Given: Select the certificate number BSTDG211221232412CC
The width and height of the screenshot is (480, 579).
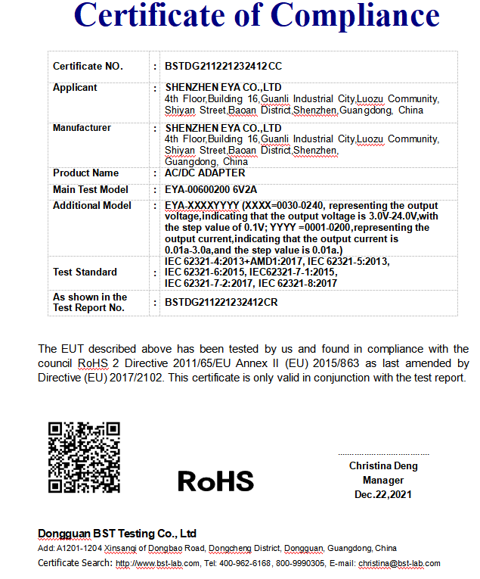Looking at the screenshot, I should point(224,67).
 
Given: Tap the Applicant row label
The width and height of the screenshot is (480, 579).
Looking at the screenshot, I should point(75,88).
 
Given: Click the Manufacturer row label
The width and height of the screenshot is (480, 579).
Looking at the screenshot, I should point(82,128).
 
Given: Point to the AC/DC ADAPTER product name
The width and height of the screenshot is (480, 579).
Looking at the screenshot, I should point(203,173).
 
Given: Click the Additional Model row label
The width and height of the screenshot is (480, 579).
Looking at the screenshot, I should point(91,206).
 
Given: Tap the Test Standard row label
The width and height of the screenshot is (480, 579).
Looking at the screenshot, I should point(85,272).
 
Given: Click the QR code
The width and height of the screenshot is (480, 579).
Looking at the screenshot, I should point(84,458).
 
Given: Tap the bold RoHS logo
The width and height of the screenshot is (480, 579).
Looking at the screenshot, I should point(215,481).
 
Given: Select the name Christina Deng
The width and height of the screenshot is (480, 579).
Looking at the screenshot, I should point(383,466).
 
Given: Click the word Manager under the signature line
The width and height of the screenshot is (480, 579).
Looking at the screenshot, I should point(383,481).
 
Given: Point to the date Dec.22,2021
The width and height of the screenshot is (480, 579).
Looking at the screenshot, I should point(383,495).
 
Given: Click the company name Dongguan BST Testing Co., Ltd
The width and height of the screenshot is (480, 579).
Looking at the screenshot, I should point(117,534).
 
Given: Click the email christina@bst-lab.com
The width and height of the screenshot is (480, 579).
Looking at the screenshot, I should point(399,564).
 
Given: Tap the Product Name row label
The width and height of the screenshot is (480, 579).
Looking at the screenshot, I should point(85,173).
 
